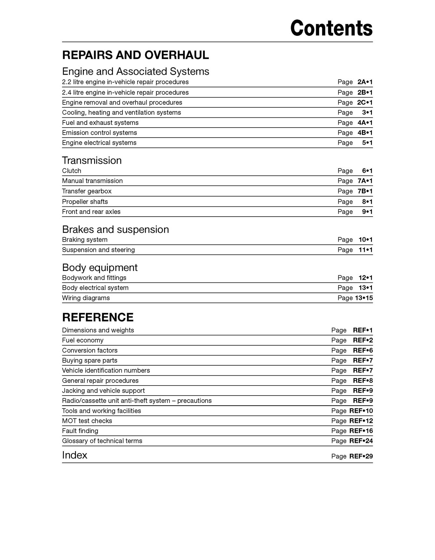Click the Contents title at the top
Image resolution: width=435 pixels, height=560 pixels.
tap(331, 28)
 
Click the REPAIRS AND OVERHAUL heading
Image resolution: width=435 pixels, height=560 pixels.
tap(135, 55)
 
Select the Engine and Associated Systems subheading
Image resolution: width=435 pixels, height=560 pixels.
tap(135, 71)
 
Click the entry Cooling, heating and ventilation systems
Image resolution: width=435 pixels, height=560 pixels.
tap(121, 113)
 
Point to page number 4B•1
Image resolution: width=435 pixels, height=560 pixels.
tap(365, 133)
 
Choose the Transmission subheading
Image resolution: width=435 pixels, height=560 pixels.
tap(92, 160)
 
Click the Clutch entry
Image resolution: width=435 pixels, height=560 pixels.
tap(72, 171)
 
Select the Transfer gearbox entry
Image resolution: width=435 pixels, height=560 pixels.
tap(87, 191)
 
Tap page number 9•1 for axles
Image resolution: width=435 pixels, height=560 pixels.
tap(367, 212)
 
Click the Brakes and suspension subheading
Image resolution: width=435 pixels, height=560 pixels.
tap(115, 229)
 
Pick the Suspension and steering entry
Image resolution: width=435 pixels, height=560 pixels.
tap(98, 250)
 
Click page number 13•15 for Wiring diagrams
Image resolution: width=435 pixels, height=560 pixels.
tap(364, 298)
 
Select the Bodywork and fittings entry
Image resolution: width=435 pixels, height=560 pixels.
tap(94, 278)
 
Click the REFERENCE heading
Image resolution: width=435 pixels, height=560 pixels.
tap(98, 317)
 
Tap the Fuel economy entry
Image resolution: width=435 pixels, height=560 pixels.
tap(83, 340)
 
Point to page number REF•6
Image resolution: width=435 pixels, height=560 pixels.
tap(363, 350)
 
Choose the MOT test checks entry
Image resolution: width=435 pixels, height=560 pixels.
tap(87, 421)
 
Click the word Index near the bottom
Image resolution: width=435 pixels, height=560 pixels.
tap(75, 455)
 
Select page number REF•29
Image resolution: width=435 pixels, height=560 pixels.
tap(361, 456)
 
